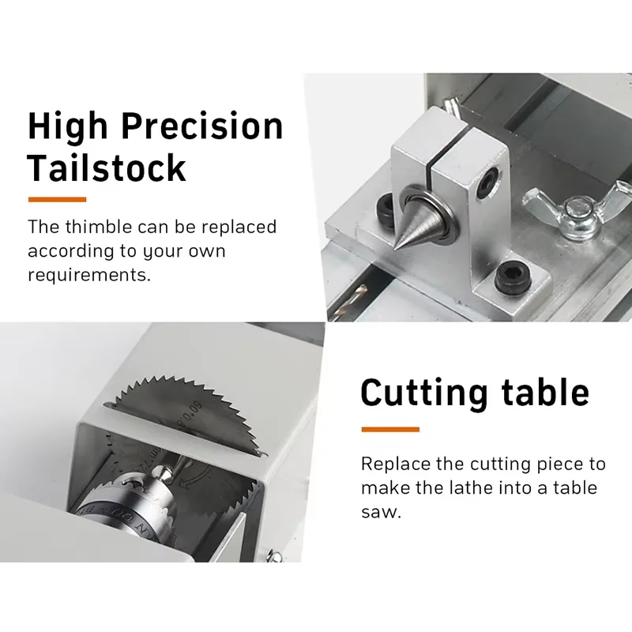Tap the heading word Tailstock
point(107,168)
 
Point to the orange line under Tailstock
point(57,199)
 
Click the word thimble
point(99,228)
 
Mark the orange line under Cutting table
point(389,430)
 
